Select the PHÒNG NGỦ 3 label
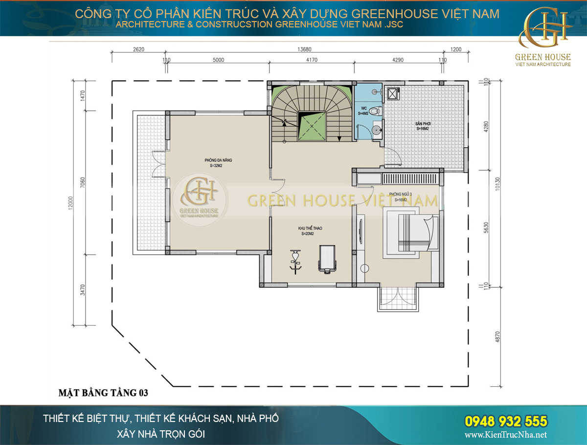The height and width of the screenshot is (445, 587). [x=400, y=194]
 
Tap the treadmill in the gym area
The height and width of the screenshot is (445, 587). [x=326, y=258]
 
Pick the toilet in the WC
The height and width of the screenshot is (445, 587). [x=375, y=111]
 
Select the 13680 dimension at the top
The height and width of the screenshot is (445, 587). [x=304, y=49]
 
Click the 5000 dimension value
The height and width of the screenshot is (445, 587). [x=218, y=60]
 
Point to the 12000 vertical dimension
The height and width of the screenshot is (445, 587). [x=70, y=202]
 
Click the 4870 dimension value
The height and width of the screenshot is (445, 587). [x=498, y=337]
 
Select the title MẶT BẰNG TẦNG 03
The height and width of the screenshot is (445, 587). [x=103, y=393]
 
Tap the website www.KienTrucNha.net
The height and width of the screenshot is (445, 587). [x=506, y=435]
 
